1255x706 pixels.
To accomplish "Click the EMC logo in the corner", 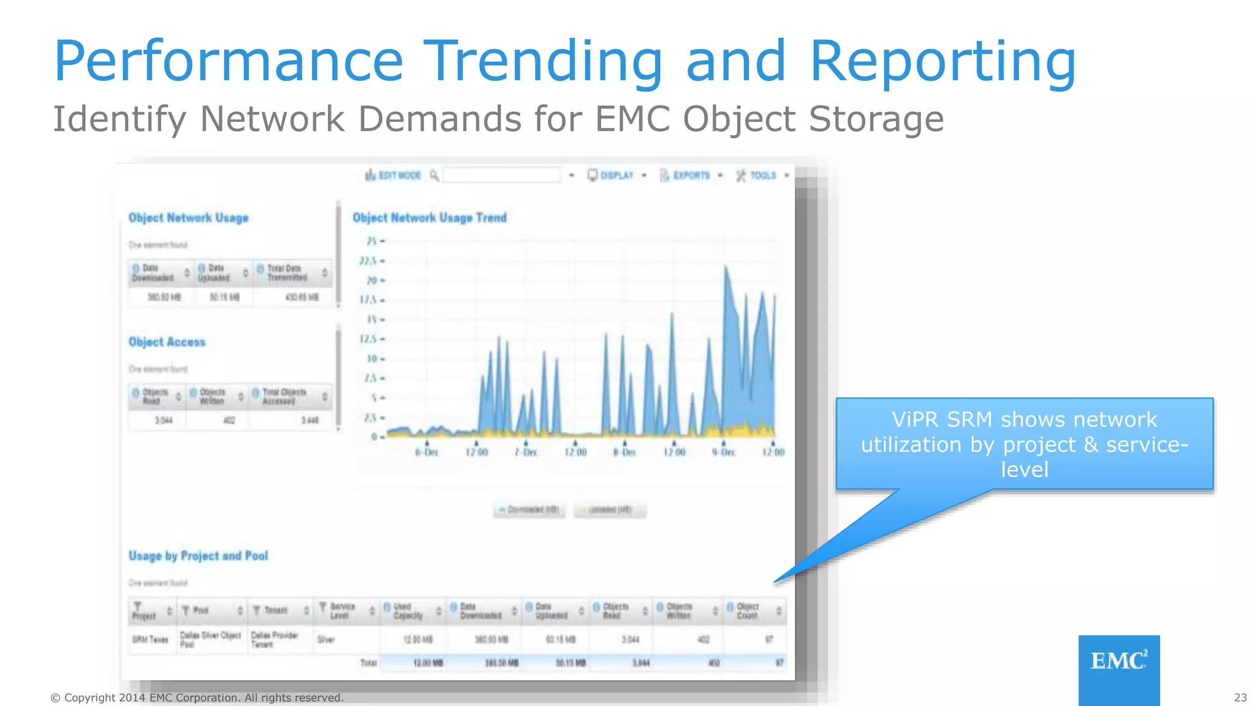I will tap(1118, 662).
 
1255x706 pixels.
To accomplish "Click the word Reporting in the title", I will tap(942, 61).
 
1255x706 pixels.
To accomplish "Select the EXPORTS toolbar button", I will tap(691, 175).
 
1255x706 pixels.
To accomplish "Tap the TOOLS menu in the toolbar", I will tap(762, 175).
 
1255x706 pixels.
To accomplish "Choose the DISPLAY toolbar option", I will tap(616, 175).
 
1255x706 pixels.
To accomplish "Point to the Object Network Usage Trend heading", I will tap(429, 218).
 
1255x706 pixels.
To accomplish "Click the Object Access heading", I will tap(167, 342).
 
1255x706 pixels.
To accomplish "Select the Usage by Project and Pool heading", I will tap(198, 556).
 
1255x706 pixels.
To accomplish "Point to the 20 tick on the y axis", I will tap(372, 281).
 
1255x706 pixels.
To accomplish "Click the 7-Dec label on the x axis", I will tap(526, 452).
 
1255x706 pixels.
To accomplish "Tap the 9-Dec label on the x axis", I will tap(724, 452).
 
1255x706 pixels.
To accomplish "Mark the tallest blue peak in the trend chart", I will tap(726, 267).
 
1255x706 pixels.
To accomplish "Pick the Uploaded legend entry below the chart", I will tap(610, 509).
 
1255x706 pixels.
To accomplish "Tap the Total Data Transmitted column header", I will tap(287, 273).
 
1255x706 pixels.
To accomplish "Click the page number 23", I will tap(1240, 697).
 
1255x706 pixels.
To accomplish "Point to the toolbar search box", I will tap(501, 175).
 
